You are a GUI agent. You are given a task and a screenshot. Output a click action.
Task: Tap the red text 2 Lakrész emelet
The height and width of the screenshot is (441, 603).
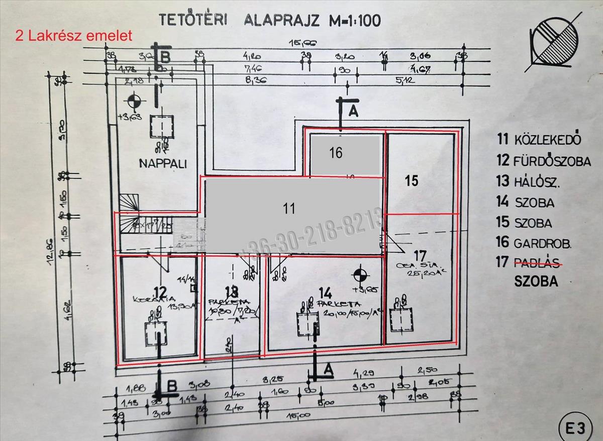click(x=74, y=36)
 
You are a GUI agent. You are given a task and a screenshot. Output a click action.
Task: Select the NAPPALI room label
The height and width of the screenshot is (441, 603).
click(x=156, y=163)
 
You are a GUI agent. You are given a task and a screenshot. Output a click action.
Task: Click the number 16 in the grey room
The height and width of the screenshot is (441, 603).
click(x=336, y=152)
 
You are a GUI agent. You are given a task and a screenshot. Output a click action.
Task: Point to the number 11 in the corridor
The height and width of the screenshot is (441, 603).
click(x=289, y=208)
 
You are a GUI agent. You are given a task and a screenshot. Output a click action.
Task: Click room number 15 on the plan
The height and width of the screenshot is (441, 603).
click(x=412, y=181)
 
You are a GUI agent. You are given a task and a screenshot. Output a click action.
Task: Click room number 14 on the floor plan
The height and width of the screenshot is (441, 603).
click(x=325, y=292)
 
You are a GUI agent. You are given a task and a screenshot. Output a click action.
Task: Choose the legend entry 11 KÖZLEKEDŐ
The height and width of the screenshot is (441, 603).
click(x=539, y=139)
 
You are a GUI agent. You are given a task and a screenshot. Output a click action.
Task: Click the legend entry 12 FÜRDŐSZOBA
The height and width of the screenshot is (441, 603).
click(x=544, y=161)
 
